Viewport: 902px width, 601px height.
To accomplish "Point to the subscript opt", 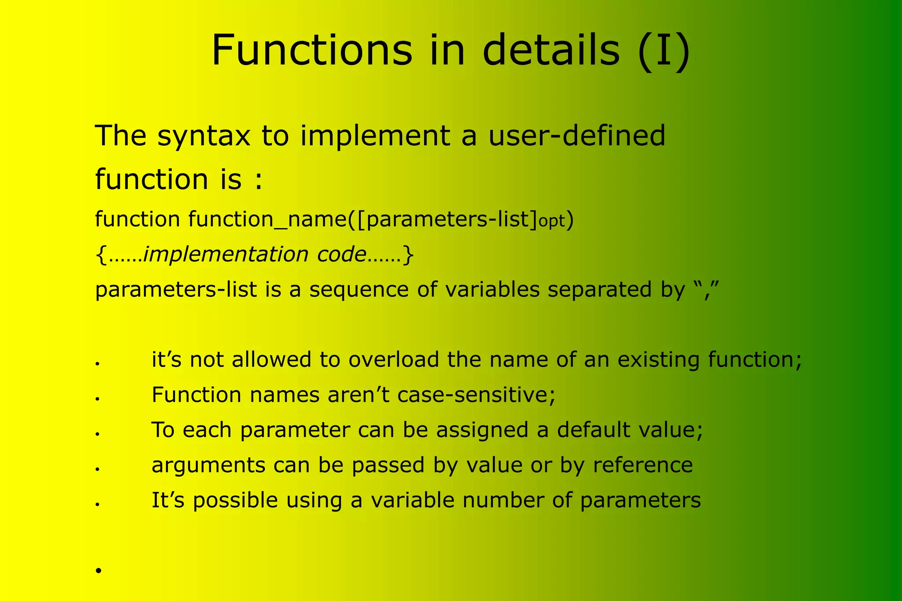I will click(551, 221).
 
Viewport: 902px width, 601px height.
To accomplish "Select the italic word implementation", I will click(226, 254).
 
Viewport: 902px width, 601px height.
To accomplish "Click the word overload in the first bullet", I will click(394, 360).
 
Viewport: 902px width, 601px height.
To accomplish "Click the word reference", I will click(643, 465).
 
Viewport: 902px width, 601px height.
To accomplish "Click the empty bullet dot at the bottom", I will click(98, 570).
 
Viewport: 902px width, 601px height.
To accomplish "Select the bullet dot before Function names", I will click(98, 398).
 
